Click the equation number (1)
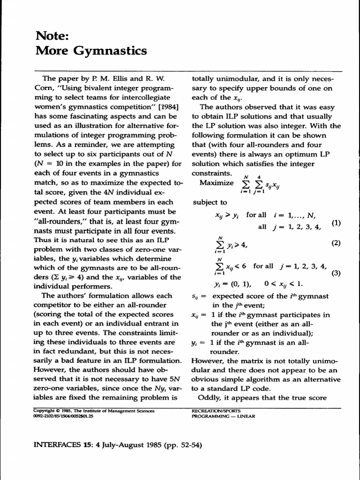(x=336, y=223)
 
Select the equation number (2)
(x=336, y=243)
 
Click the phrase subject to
(x=210, y=202)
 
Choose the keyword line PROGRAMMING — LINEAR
(x=224, y=416)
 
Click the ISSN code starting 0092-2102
(x=63, y=416)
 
